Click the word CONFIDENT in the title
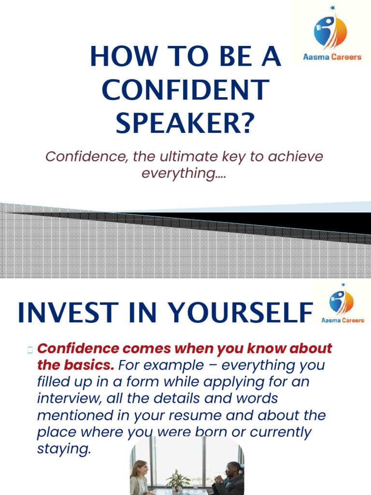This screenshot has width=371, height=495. (x=185, y=90)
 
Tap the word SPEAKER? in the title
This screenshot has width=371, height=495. (x=185, y=123)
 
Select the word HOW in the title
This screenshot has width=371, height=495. (x=118, y=57)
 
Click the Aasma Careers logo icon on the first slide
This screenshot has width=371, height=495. (x=330, y=30)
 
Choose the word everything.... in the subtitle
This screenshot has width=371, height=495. (x=184, y=173)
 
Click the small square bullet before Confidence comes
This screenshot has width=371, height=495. (x=30, y=349)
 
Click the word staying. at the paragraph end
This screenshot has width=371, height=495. (x=64, y=449)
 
